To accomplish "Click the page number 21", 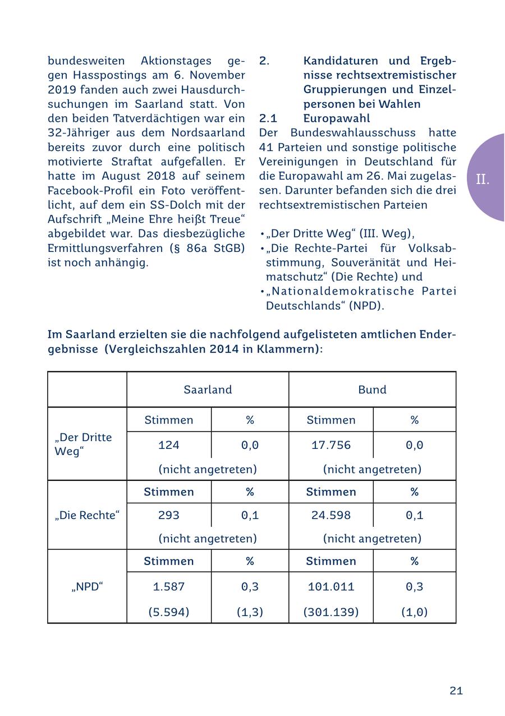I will click(x=456, y=691).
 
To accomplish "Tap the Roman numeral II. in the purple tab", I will click(x=483, y=180).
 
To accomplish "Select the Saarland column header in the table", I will click(x=208, y=389).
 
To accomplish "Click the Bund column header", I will click(x=372, y=389).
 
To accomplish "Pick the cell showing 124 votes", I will click(x=169, y=445).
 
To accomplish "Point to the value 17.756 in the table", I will click(x=331, y=445).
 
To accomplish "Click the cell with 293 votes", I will click(x=169, y=515).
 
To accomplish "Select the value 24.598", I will click(x=331, y=515).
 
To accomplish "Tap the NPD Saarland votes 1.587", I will click(x=169, y=586).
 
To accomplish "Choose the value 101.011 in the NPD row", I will click(x=331, y=586).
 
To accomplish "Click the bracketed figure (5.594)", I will click(x=169, y=612).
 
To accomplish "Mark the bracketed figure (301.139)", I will click(x=331, y=612).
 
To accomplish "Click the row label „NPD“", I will click(x=87, y=586).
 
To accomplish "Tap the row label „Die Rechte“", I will click(x=87, y=515).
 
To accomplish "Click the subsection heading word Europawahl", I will click(x=337, y=118).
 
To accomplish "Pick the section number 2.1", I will click(x=268, y=118).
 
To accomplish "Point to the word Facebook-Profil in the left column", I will click(x=84, y=190).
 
